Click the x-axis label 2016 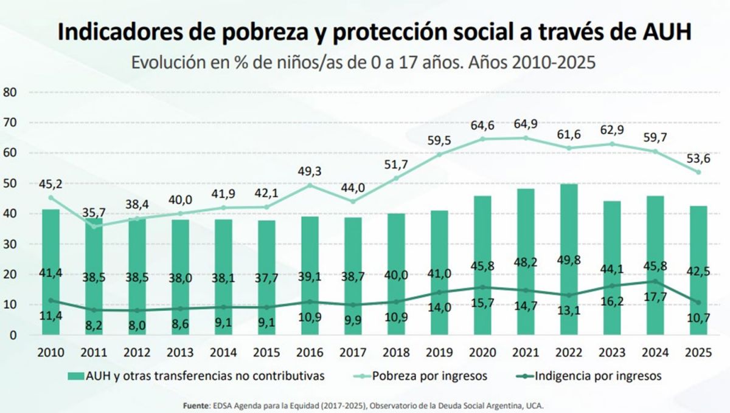point(310,353)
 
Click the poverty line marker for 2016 point(310,185)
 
